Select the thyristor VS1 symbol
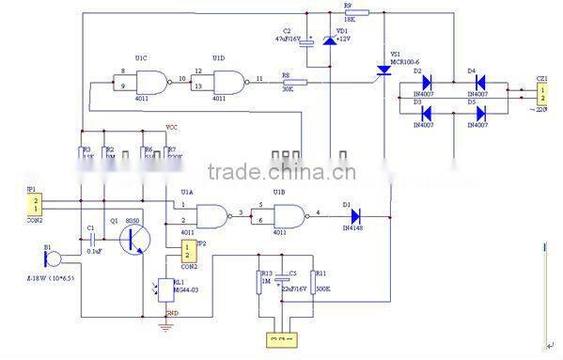point(384,70)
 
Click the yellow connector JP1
point(36,204)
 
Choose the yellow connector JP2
point(187,251)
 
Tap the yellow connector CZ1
point(541,93)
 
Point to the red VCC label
point(172,127)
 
